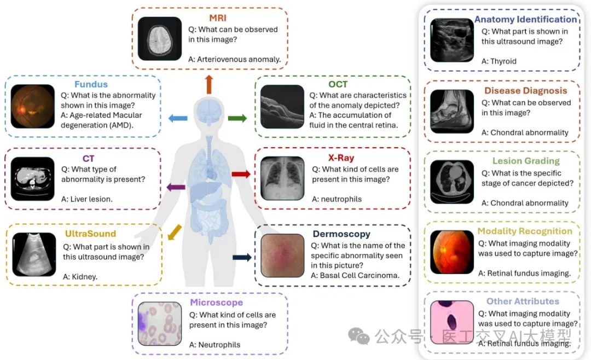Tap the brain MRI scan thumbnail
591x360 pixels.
pyautogui.click(x=159, y=38)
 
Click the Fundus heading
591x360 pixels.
pyautogui.click(x=91, y=84)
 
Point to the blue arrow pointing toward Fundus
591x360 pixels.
pyautogui.click(x=178, y=118)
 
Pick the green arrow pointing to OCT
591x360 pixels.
pyautogui.click(x=237, y=118)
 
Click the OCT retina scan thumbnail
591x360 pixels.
pyautogui.click(x=282, y=106)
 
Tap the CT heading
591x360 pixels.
pyautogui.click(x=88, y=159)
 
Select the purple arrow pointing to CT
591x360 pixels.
pyautogui.click(x=176, y=188)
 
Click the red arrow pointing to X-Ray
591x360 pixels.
pyautogui.click(x=240, y=175)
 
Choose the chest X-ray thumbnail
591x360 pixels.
pyautogui.click(x=282, y=178)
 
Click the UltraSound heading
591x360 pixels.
pyautogui.click(x=90, y=234)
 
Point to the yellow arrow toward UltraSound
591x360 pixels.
pyautogui.click(x=173, y=232)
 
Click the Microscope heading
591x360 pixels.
pyautogui.click(x=216, y=302)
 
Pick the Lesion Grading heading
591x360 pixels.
pyautogui.click(x=526, y=161)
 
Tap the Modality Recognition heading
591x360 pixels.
pyautogui.click(x=525, y=231)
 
